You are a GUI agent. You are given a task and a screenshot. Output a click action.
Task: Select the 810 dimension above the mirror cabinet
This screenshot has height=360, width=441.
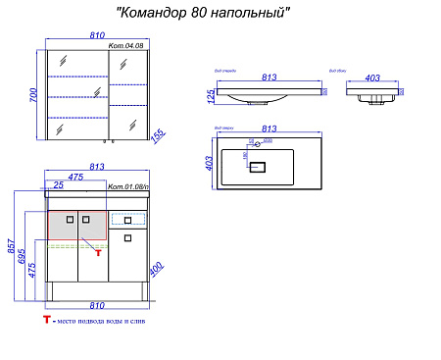click(x=96, y=34)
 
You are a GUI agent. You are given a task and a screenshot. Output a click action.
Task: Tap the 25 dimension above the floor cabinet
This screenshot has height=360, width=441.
click(x=60, y=185)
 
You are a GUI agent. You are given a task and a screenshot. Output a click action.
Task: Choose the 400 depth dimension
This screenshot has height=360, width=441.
click(x=155, y=268)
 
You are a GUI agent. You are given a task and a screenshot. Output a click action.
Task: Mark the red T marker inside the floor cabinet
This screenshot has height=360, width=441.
click(x=97, y=253)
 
